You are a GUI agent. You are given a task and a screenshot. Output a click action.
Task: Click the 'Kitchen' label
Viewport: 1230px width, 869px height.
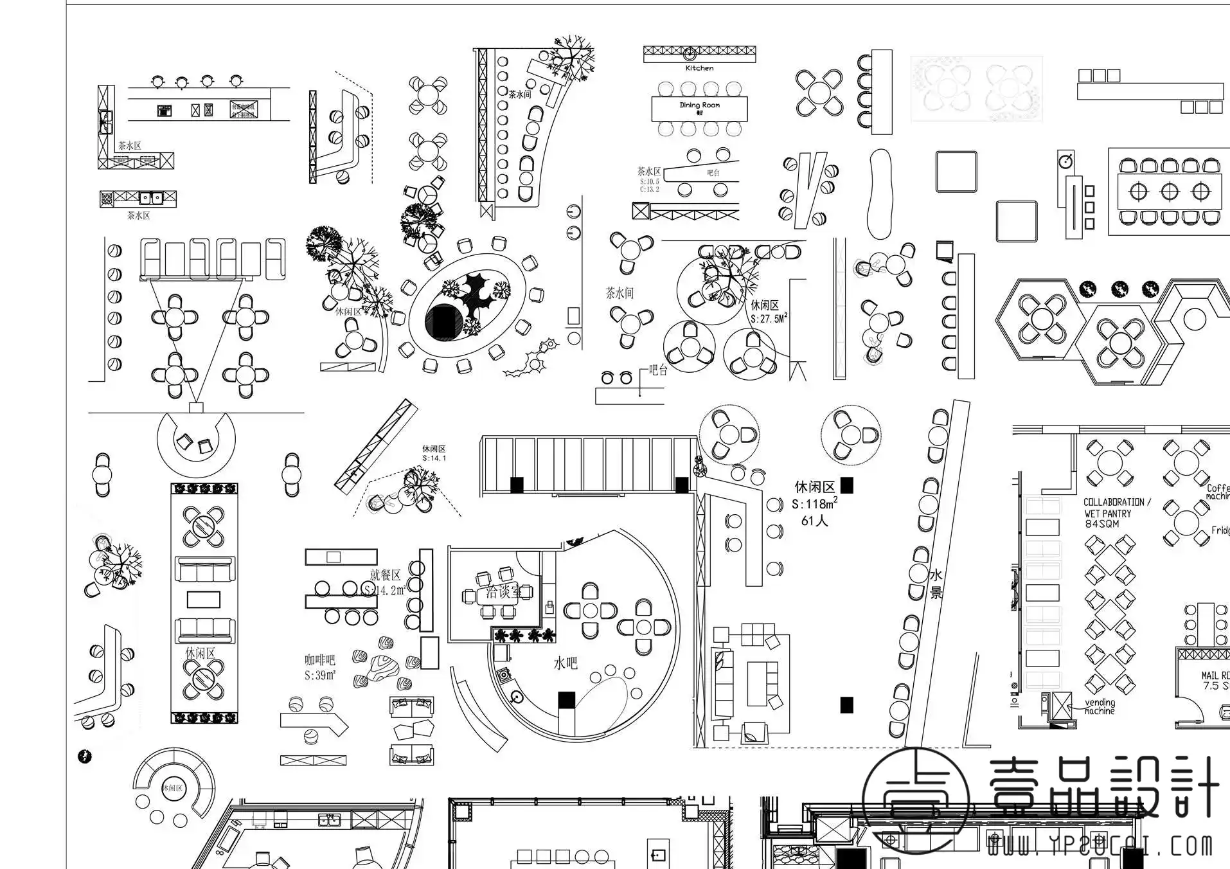[x=699, y=68]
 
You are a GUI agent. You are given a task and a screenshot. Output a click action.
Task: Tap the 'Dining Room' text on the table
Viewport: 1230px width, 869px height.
[x=699, y=105]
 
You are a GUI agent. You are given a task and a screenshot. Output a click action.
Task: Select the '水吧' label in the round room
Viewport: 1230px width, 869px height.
[x=566, y=663]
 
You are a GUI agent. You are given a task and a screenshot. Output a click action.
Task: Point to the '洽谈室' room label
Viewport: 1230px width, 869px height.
[x=504, y=592]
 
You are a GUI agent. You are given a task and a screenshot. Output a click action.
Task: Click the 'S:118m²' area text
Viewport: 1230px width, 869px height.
[x=814, y=504]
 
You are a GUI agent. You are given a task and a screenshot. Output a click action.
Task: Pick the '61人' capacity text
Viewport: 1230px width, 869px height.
[x=814, y=521]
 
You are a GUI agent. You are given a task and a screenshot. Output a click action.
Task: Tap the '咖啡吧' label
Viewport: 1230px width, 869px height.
[x=319, y=660]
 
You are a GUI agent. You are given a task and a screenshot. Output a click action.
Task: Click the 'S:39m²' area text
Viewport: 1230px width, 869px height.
[x=319, y=676]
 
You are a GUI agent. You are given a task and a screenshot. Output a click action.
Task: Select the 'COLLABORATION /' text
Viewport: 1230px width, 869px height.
[x=1117, y=502]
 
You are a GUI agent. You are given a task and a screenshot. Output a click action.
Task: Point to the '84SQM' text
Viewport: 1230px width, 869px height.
[x=1101, y=524]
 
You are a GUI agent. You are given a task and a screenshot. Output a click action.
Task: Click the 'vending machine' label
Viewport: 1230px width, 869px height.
[x=1100, y=707]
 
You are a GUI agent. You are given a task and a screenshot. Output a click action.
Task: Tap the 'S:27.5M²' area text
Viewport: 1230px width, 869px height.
[x=769, y=319]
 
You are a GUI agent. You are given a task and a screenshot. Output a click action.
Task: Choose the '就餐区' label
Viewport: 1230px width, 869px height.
[x=385, y=575]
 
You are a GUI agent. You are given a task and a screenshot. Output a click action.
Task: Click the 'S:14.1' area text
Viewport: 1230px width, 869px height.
[x=434, y=459]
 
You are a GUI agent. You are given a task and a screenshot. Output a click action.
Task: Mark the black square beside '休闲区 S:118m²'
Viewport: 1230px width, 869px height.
[x=847, y=485]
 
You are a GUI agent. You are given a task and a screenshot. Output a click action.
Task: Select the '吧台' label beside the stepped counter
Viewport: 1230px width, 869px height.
[x=658, y=370]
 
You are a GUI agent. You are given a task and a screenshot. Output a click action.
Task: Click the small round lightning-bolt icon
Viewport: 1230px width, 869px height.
[x=85, y=756]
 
